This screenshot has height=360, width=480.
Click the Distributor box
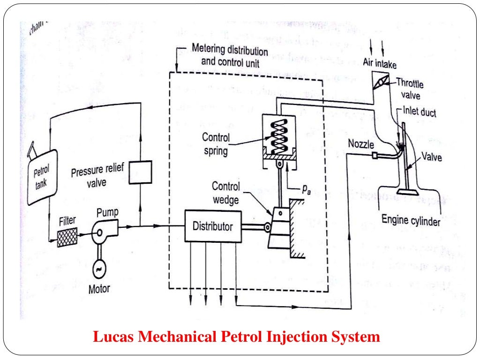pos(212,226)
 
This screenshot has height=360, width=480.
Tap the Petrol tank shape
pos(42,176)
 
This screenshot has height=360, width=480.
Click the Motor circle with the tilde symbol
pos(100,268)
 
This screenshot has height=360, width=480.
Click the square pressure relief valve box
pos(140,172)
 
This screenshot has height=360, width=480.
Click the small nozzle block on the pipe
pos(375,155)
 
